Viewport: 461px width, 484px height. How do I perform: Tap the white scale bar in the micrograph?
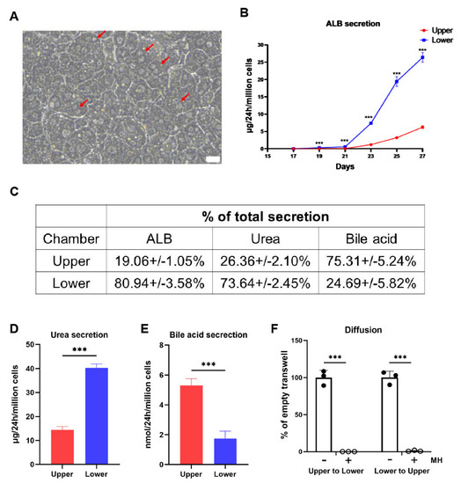(212, 158)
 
